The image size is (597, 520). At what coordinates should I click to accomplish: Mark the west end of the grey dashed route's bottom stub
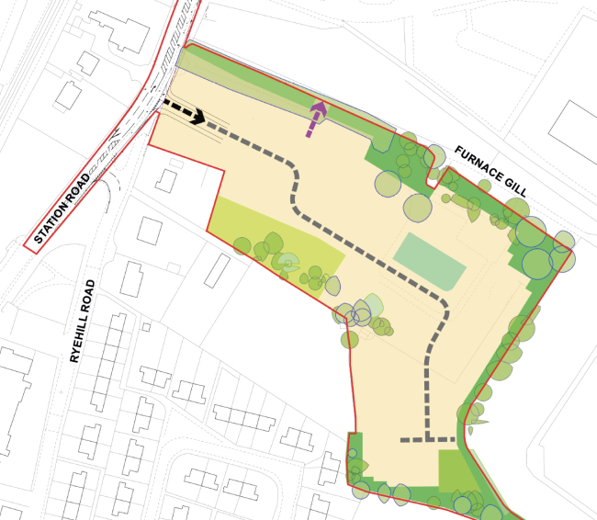coord(405,440)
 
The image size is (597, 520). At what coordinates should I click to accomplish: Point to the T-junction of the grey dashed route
coord(428,440)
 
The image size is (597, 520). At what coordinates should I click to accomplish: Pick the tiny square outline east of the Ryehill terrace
coord(148,324)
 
